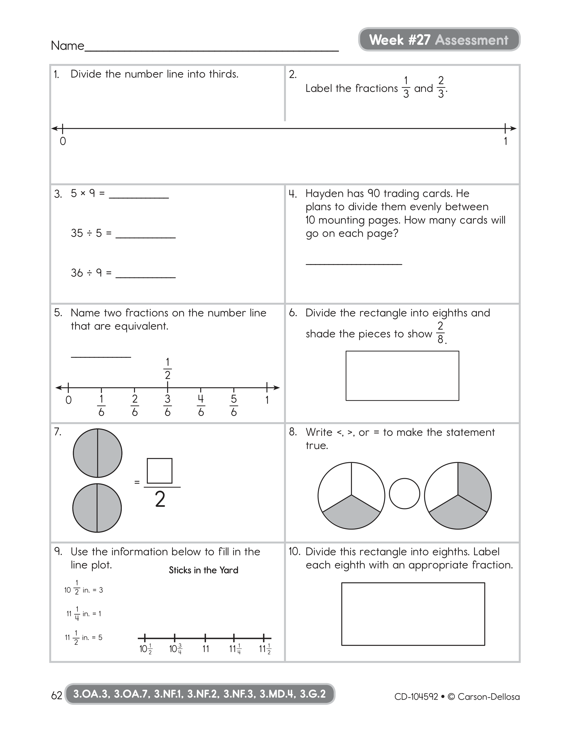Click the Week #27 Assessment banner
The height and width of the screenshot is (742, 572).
click(439, 40)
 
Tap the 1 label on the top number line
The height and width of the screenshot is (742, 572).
click(505, 141)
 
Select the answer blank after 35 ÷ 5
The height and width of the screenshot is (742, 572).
click(145, 235)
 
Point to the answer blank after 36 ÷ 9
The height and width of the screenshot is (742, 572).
click(145, 274)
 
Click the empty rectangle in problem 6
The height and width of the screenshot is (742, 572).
click(402, 376)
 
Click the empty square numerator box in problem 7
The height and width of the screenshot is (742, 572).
click(159, 471)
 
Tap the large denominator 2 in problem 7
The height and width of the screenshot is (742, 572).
click(160, 500)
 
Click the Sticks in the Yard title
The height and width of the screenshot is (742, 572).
click(203, 570)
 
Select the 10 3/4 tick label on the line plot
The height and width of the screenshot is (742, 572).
click(175, 649)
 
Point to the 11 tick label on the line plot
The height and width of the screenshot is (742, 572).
click(206, 649)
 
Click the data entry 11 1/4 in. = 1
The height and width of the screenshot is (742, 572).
click(84, 613)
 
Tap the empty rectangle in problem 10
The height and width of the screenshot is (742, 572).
click(413, 613)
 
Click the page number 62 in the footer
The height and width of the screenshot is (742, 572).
click(56, 696)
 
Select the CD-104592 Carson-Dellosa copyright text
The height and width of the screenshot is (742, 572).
click(457, 697)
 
